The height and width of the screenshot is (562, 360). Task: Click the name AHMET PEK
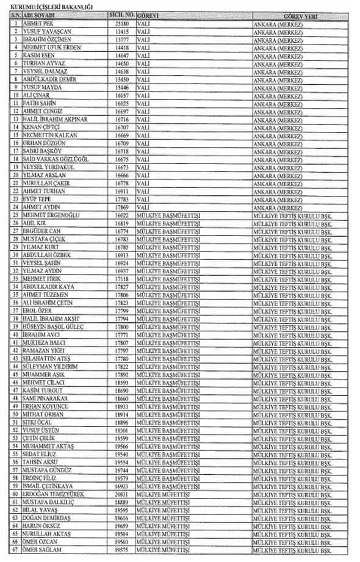coord(37,23)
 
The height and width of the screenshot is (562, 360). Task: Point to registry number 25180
coord(121,23)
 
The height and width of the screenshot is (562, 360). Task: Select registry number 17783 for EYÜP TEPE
coord(121,200)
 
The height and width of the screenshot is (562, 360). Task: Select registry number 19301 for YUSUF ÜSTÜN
coord(121,430)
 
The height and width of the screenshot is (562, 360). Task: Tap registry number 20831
coord(121,494)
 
